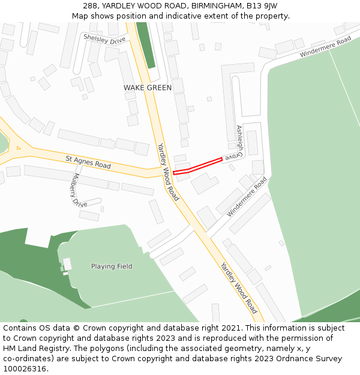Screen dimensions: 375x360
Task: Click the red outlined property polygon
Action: point(198,166)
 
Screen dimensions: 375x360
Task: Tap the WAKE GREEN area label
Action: point(148,88)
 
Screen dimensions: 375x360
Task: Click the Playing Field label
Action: point(112,266)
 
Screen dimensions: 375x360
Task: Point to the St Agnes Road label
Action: point(88,161)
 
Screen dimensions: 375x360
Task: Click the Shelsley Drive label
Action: point(105,39)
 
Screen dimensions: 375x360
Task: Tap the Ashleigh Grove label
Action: point(239,142)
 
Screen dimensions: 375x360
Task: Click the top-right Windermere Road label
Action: point(325,47)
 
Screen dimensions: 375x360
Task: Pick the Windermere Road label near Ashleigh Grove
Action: point(247,196)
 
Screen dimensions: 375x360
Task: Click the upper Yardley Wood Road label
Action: point(168,172)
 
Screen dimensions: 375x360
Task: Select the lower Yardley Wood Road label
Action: point(239,288)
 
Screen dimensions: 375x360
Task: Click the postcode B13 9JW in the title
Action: point(262,6)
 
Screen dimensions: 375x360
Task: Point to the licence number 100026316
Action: point(25,369)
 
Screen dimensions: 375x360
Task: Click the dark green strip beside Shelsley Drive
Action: point(146,45)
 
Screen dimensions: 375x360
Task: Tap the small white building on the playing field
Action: point(67,264)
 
